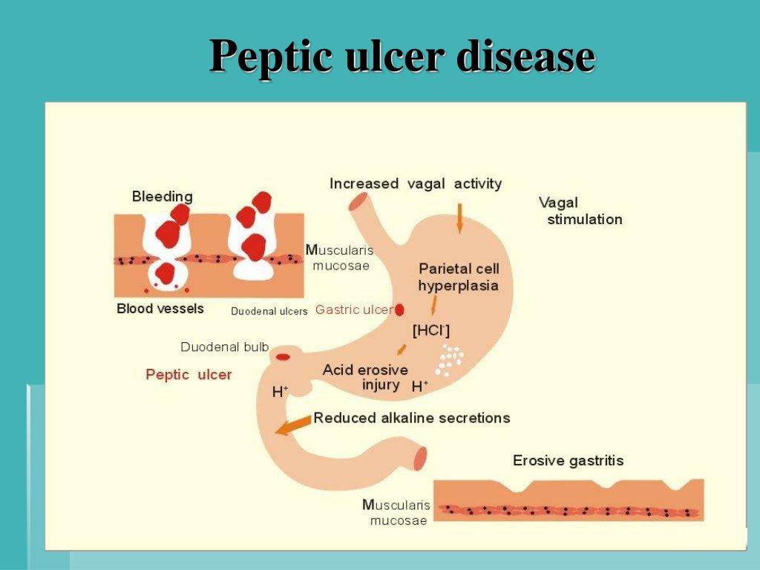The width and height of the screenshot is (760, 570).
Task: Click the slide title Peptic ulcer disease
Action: (402, 56)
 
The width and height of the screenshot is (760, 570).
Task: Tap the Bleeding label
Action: (162, 197)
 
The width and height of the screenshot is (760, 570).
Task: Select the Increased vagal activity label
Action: (416, 183)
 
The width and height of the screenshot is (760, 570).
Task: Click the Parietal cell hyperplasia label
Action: (458, 278)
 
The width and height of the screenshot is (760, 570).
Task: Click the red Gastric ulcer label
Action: (353, 309)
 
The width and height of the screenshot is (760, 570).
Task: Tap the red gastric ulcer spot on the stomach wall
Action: (399, 310)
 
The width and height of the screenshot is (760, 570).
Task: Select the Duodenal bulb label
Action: (224, 347)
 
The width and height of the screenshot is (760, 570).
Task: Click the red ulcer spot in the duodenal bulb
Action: (283, 357)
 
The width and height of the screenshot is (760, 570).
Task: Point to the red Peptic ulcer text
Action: (189, 375)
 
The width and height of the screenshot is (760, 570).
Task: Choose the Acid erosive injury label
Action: (365, 377)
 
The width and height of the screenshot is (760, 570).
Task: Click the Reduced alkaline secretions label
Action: (412, 418)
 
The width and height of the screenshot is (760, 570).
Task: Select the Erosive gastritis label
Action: (568, 461)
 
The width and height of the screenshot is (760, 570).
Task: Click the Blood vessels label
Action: (160, 309)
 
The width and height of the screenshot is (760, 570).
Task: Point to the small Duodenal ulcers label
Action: (269, 312)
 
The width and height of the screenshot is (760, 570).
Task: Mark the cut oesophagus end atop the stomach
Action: (359, 200)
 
